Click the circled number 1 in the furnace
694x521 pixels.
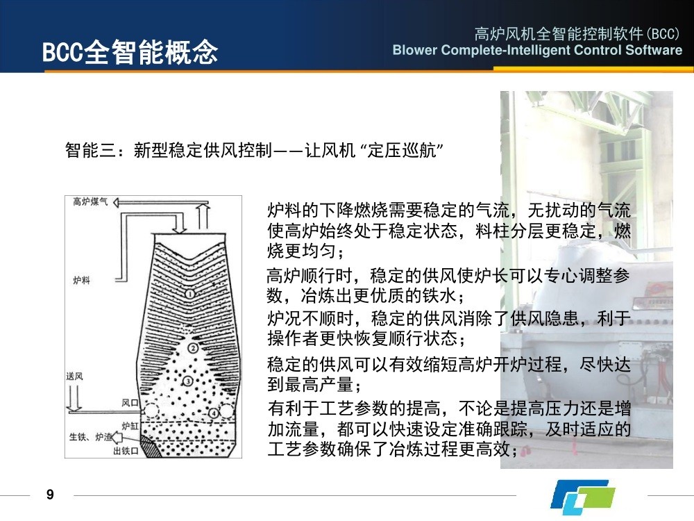[x=189, y=293]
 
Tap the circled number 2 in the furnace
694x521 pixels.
[x=193, y=348]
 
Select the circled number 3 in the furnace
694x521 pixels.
[x=187, y=381]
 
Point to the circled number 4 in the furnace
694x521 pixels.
[x=214, y=413]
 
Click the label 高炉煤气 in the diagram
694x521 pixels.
[x=90, y=202]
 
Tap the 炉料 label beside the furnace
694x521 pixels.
[x=81, y=280]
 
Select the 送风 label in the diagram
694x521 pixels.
[x=74, y=376]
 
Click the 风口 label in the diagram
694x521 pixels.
[x=130, y=403]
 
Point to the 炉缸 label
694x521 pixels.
[x=130, y=426]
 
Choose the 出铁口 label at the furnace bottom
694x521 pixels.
[x=126, y=451]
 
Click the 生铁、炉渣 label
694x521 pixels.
[x=90, y=437]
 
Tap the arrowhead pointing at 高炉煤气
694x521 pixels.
[x=116, y=203]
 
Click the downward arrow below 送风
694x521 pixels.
[x=74, y=398]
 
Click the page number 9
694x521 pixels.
[x=50, y=495]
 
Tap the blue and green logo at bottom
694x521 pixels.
[x=583, y=496]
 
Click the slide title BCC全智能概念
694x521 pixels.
[x=130, y=52]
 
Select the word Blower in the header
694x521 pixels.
[x=415, y=49]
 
